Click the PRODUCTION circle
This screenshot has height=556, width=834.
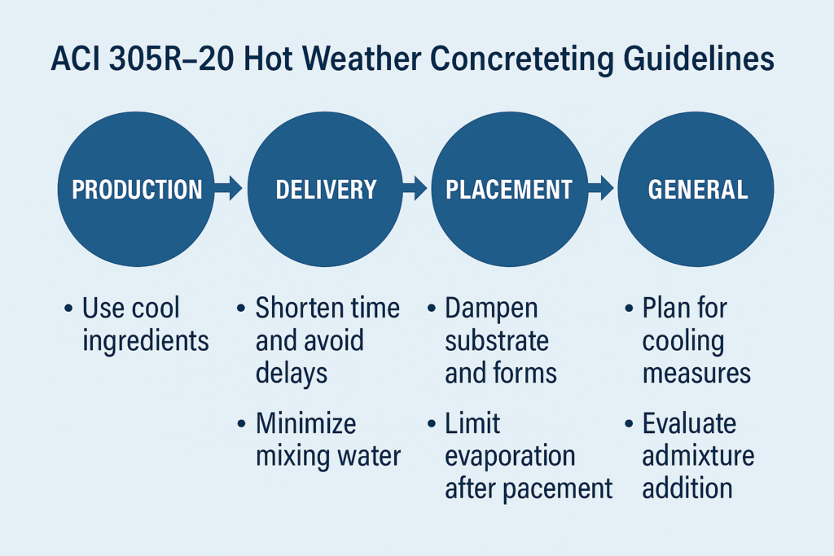(137, 190)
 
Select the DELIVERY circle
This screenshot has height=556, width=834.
(326, 190)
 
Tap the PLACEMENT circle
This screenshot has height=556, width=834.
(509, 190)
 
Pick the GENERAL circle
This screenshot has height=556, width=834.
(696, 190)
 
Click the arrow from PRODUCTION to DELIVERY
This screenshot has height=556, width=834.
(229, 190)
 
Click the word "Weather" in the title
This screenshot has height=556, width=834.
(348, 62)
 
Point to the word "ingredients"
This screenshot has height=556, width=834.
(146, 340)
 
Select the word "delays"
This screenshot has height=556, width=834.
(292, 373)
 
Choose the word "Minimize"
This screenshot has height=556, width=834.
(305, 423)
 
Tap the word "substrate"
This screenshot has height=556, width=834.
(497, 340)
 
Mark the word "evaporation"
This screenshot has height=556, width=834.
(510, 455)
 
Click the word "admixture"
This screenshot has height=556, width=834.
(698, 455)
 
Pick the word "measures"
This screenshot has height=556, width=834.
(696, 373)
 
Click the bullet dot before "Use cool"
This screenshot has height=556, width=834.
(68, 309)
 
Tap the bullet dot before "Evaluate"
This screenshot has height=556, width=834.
(629, 424)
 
